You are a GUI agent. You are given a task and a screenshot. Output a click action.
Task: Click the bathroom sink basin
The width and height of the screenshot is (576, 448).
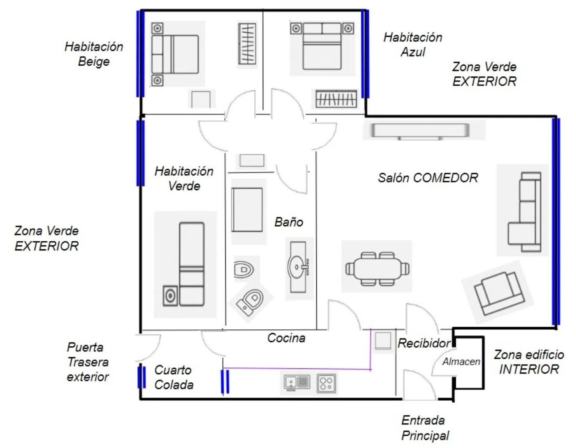297,267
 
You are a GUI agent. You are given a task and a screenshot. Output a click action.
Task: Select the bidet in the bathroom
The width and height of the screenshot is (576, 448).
243,270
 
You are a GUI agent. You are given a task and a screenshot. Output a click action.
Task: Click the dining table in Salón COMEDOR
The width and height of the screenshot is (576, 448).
377,269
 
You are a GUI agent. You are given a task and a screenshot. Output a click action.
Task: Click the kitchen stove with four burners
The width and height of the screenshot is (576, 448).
326,383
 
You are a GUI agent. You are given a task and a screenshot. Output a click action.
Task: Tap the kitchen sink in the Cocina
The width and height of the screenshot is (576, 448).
296,383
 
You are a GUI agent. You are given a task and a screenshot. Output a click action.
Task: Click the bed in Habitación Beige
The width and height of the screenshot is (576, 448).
175,54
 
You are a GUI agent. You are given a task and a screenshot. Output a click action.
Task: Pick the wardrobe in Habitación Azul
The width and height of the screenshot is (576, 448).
336,99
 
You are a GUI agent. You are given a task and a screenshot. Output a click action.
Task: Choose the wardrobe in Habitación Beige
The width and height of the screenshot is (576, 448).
247,44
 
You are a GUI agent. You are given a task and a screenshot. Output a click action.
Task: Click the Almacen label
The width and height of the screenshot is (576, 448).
461,361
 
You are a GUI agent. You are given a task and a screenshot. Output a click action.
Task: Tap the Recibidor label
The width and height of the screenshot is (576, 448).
424,343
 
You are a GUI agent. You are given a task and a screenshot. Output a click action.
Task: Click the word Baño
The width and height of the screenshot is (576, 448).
289,222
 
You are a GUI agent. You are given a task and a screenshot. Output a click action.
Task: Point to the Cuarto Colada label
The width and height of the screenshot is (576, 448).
174,377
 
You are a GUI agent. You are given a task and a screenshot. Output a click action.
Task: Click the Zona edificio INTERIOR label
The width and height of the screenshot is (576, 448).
529,362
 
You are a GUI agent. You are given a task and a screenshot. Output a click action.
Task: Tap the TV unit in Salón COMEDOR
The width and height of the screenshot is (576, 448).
420,131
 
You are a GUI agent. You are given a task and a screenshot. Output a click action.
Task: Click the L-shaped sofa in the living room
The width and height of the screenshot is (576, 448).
524,212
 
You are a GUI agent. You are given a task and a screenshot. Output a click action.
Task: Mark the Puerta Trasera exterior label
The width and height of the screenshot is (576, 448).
88,362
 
